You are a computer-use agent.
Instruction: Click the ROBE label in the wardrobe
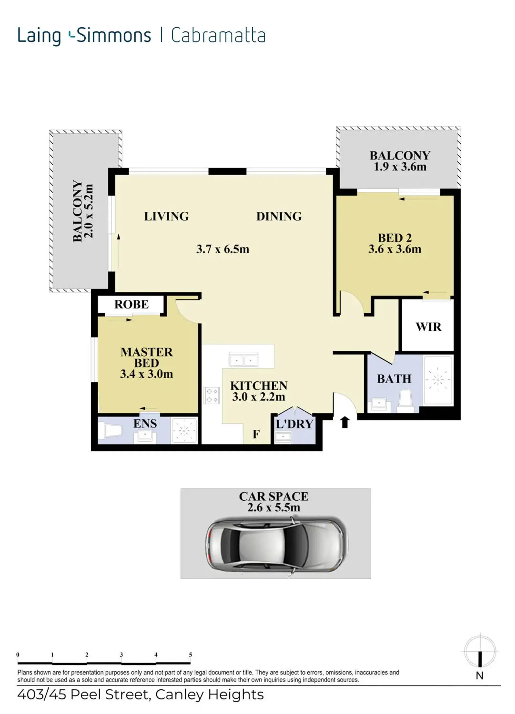(131, 304)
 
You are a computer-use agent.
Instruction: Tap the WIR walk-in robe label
(428, 327)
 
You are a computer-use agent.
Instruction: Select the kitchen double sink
(243, 359)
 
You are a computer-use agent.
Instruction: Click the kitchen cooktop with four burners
(212, 395)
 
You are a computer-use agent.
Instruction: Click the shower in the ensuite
(184, 430)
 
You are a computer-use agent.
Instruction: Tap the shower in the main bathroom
(438, 381)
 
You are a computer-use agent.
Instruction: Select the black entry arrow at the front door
(345, 422)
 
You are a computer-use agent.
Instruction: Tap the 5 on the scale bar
(190, 652)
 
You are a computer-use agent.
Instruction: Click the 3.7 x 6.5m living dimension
(223, 249)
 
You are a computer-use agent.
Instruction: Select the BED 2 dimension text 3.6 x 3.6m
(395, 249)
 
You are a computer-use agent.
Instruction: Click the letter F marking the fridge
(256, 434)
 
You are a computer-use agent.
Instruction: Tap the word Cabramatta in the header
(218, 35)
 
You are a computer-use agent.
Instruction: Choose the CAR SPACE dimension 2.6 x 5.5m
(274, 507)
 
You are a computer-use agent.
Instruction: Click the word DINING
(279, 216)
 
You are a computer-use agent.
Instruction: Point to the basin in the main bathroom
(380, 404)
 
